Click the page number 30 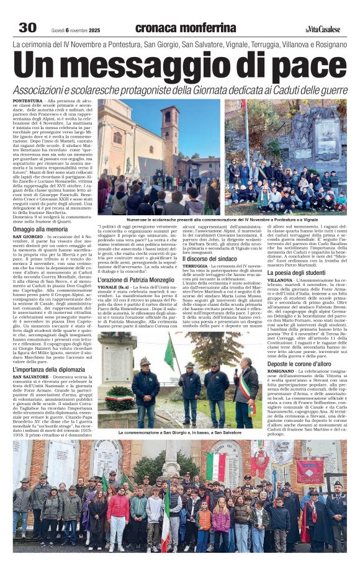(27, 27)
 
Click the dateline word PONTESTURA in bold (28, 101)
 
